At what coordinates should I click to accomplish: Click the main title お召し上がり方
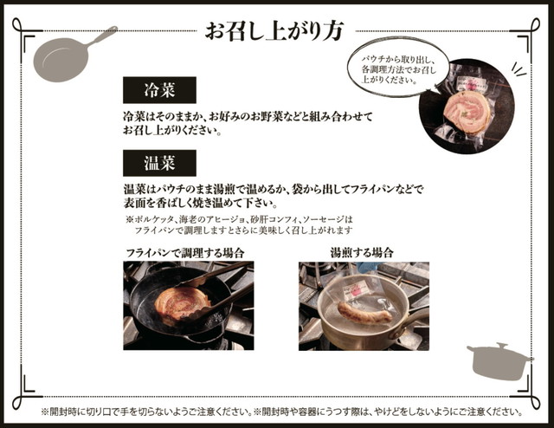pos(274,31)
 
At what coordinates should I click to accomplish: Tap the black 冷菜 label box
pos(159,90)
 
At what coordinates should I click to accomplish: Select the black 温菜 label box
pos(159,163)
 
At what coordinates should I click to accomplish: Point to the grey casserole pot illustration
pos(499,360)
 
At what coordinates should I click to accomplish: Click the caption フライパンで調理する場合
pos(185,253)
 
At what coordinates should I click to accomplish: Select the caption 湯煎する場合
pos(362,253)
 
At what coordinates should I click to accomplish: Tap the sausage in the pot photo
pos(364,312)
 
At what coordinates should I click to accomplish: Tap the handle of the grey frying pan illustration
pos(102,36)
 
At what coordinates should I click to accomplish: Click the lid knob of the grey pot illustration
pos(501,345)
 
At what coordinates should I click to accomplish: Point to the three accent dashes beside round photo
pos(519,69)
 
